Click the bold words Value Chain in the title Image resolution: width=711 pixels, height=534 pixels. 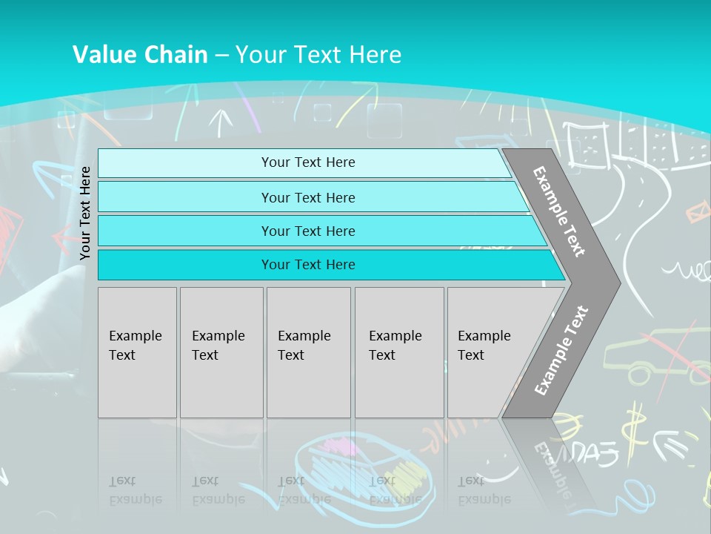pos(140,55)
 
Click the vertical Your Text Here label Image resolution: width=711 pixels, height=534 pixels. pos(85,213)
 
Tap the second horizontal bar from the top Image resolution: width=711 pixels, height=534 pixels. pos(308,197)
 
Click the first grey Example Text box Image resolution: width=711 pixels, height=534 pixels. pos(137,352)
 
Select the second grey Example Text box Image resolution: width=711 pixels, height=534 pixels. pos(221,352)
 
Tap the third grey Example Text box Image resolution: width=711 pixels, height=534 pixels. pos(308,352)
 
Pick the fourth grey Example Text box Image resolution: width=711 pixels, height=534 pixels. pos(399,352)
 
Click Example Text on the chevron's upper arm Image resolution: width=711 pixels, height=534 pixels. pos(559,211)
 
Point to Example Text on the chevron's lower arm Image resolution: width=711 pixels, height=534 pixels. pos(561,350)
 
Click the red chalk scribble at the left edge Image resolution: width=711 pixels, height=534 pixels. pos(9,230)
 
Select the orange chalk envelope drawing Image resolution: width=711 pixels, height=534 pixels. pos(697,214)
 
